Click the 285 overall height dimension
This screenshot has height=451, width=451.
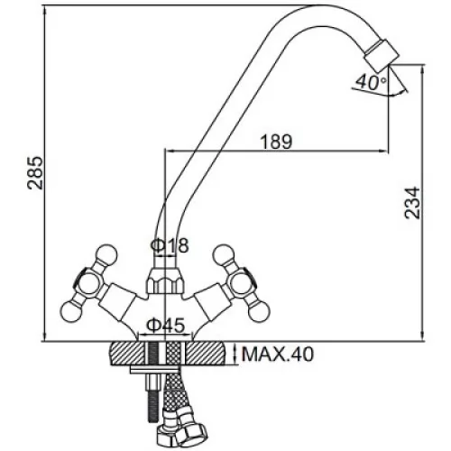35,172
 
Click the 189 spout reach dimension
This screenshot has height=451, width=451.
276,142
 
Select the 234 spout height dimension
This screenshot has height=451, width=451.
412,203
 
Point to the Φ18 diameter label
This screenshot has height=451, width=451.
170,245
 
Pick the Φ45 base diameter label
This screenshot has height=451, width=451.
165,325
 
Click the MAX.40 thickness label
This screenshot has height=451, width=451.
278,354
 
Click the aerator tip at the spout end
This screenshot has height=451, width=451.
381,55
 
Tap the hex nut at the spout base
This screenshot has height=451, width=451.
164,281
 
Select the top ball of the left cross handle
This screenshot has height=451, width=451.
106,255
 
